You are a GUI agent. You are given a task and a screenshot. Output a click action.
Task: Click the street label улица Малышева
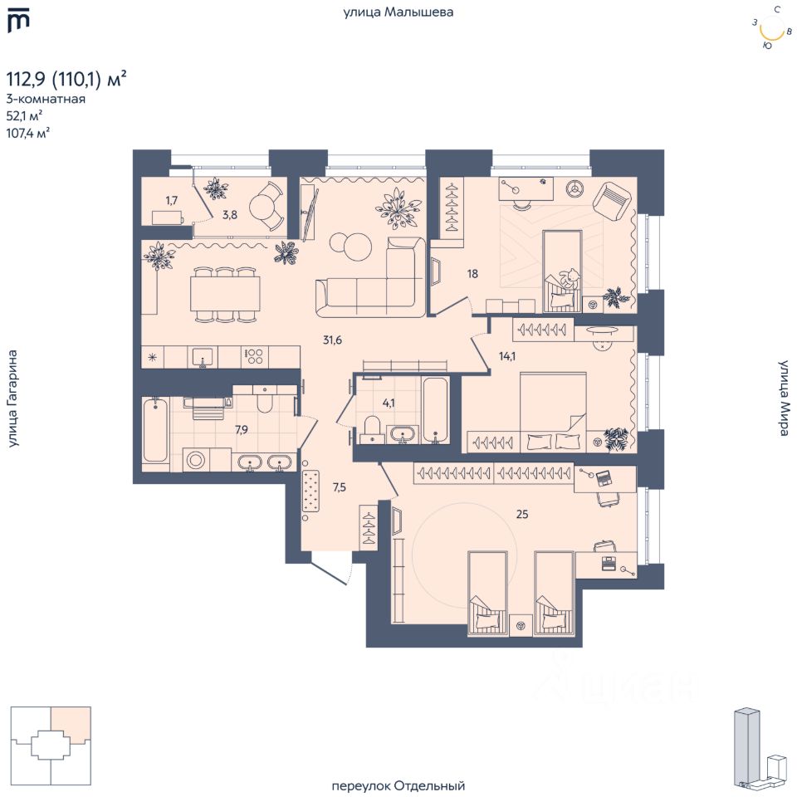point(398,12)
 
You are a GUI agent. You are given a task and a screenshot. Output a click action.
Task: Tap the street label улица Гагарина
point(12,398)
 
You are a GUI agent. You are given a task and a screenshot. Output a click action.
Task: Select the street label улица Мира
point(785,398)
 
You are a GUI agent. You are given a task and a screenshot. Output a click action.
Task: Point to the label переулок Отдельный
point(398,786)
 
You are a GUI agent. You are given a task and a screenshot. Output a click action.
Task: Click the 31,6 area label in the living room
point(332,340)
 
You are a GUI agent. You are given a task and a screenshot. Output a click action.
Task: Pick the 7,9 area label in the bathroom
point(242,430)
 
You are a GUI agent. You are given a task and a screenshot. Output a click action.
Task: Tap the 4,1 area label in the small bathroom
point(389,403)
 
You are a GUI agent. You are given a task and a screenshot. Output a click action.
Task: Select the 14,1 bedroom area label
point(506,356)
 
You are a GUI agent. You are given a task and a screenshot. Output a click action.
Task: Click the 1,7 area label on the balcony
point(172,200)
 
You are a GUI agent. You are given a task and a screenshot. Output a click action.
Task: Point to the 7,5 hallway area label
point(339,487)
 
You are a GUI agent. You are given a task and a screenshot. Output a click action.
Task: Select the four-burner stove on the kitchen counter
point(255,356)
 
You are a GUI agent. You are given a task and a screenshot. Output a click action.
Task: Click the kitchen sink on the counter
point(203,357)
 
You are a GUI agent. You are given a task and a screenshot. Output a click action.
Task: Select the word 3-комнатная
point(46,99)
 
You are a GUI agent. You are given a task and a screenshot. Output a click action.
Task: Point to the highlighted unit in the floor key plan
point(71,726)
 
